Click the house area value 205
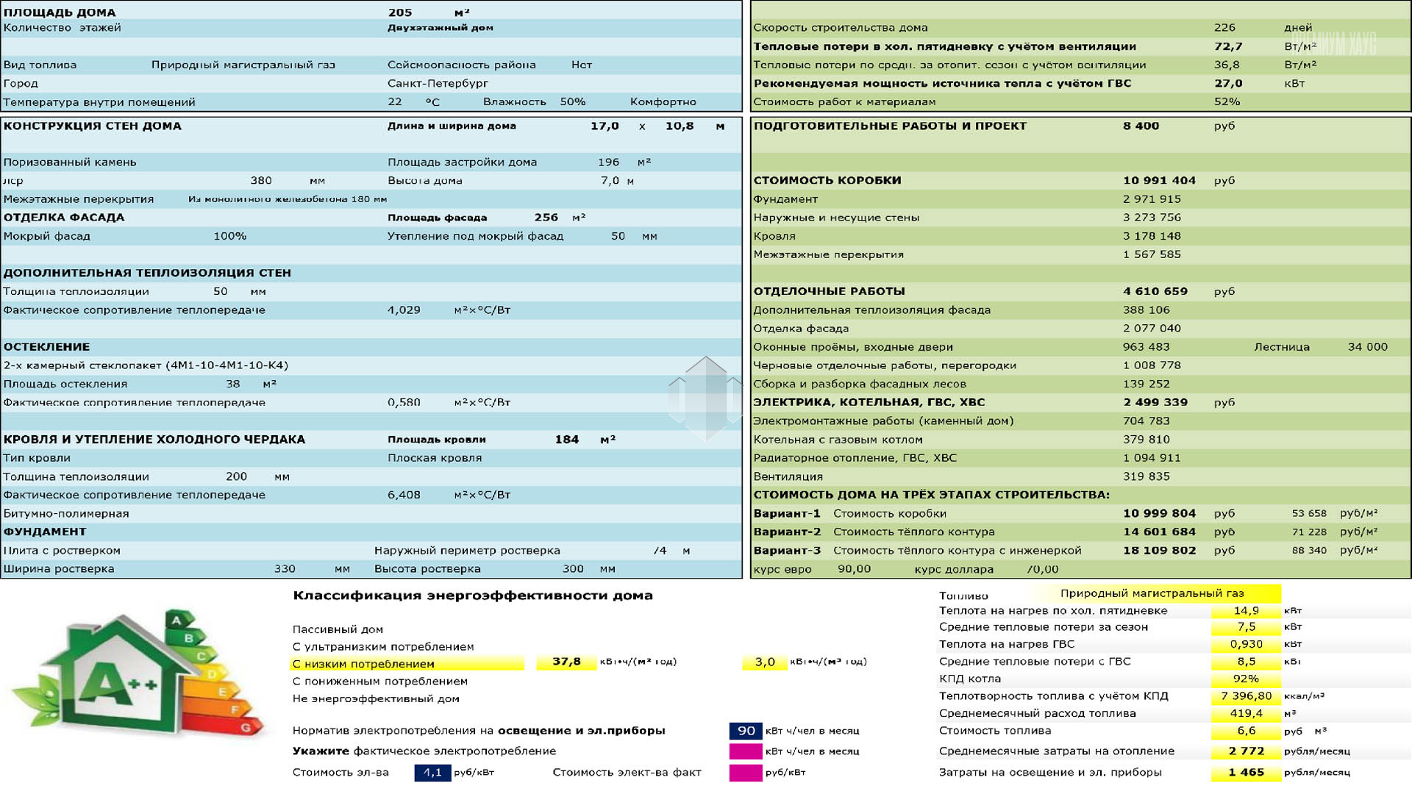pos(400,12)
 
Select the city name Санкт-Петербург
pos(438,83)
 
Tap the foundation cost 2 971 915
pos(1152,199)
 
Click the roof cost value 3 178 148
pos(1152,236)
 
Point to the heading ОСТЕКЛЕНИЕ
pos(46,347)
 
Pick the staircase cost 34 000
pos(1367,347)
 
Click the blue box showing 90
pos(746,731)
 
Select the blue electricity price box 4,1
pos(432,773)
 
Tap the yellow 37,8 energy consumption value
pos(566,662)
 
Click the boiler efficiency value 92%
pos(1246,679)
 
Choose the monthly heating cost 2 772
pos(1246,751)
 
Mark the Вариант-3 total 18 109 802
pos(1159,551)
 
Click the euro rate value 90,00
pos(854,569)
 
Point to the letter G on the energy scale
pos(246,728)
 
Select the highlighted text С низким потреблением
pos(363,664)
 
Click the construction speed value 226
pos(1224,28)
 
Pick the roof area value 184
pos(566,440)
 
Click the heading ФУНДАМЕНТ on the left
pos(45,532)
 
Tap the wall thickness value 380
pos(261,181)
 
